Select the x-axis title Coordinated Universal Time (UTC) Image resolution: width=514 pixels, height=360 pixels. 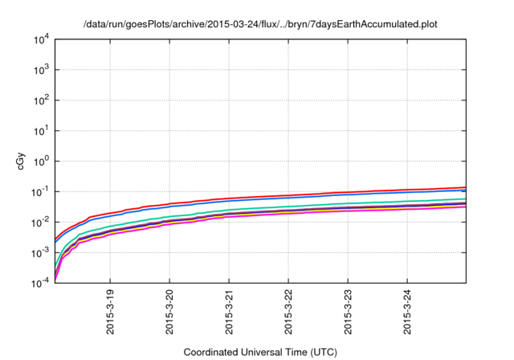pos(260,352)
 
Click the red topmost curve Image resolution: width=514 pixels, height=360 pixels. pos(321,194)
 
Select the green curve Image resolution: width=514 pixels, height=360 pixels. pos(321,205)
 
